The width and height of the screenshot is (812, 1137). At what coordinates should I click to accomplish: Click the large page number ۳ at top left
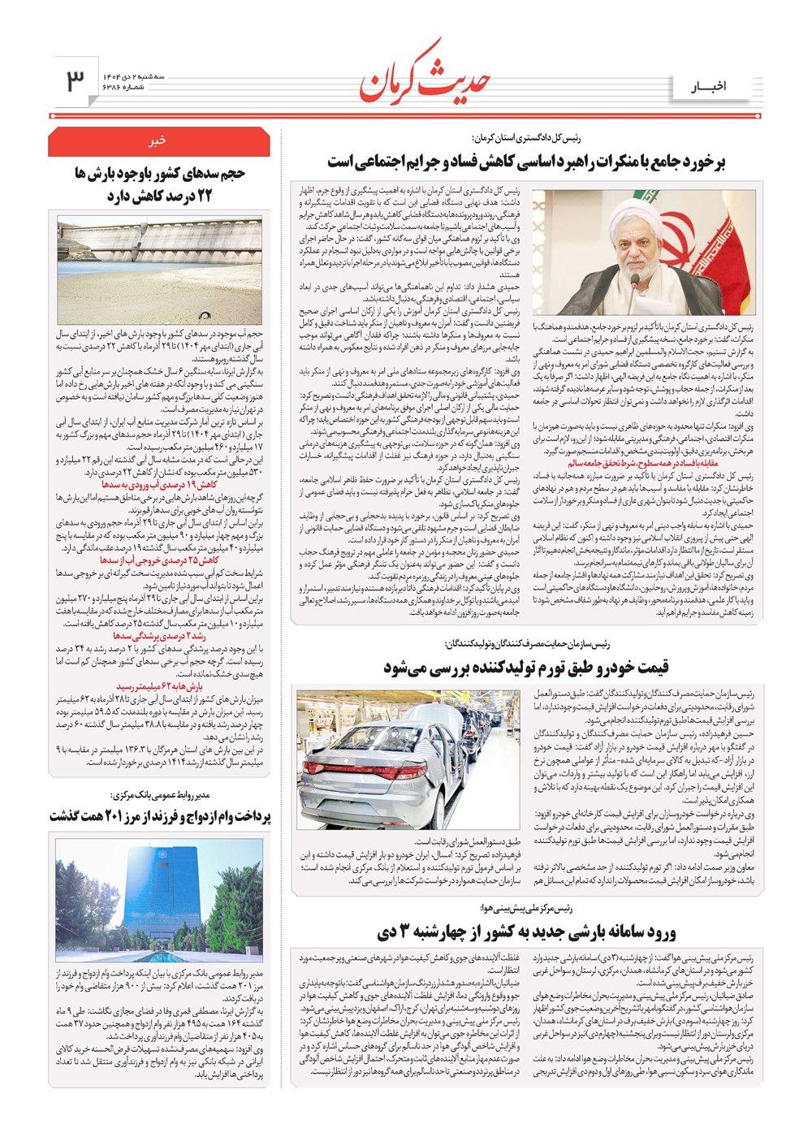[x=75, y=80]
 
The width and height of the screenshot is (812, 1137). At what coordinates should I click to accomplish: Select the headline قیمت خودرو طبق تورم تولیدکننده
[x=526, y=667]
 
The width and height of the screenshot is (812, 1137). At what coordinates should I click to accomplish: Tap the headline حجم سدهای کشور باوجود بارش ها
[x=159, y=184]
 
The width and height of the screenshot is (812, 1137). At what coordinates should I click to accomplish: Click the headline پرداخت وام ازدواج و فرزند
[x=159, y=815]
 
